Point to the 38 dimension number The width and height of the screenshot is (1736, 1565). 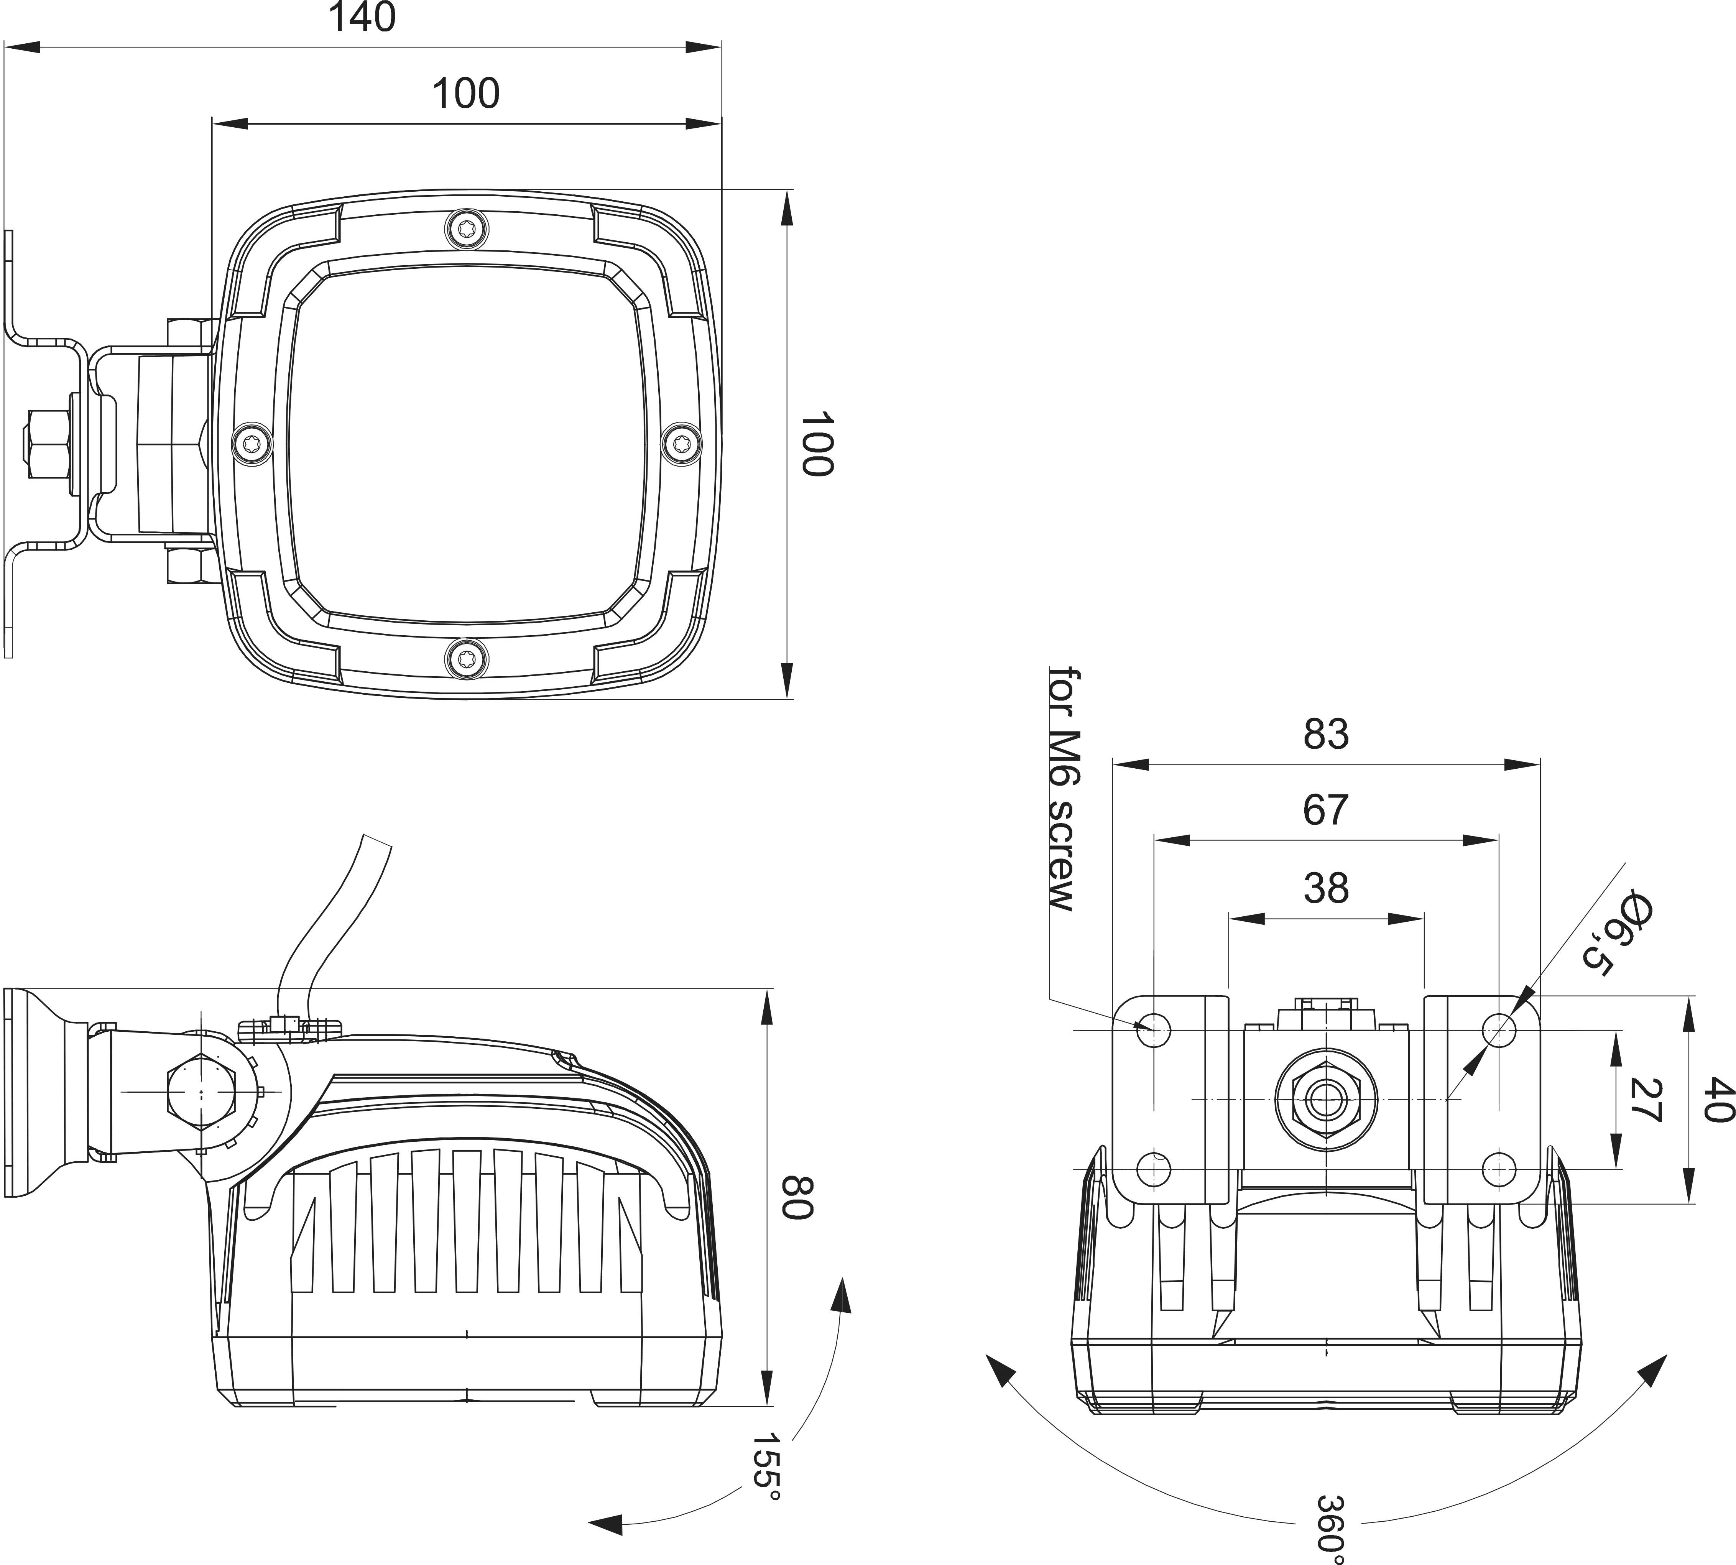click(1325, 888)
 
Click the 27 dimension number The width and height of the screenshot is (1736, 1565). click(1643, 1100)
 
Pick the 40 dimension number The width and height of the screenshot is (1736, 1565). click(1718, 1100)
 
